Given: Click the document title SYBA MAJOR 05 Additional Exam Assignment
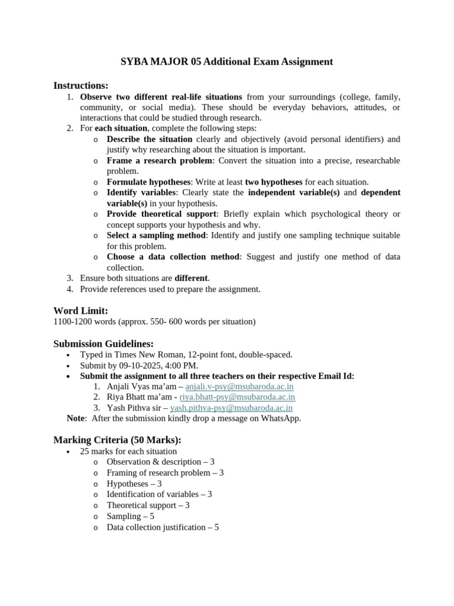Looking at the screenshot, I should (227, 62).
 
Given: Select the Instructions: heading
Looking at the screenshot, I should (81, 86).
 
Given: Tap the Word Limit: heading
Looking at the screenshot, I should (80, 311).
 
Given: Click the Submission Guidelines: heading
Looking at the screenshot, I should (103, 344).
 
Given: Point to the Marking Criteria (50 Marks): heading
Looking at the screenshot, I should (117, 440).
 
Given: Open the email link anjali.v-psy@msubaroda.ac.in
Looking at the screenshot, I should (239, 386).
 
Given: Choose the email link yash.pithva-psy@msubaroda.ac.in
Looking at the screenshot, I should (231, 408).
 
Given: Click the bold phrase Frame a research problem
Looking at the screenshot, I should (159, 161).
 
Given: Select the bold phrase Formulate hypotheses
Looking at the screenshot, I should (148, 182).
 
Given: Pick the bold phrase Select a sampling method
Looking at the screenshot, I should (156, 236).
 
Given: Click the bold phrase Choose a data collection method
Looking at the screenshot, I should (173, 257).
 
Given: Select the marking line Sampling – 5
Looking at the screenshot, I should (131, 516).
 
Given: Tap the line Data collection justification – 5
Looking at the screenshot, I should (163, 527).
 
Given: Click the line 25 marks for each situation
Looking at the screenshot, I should (128, 451).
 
